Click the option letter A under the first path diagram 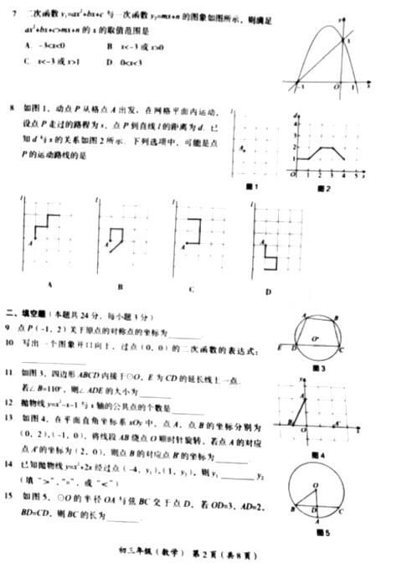click(x=49, y=285)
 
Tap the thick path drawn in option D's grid click(x=270, y=256)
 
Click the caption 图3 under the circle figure click(x=318, y=368)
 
